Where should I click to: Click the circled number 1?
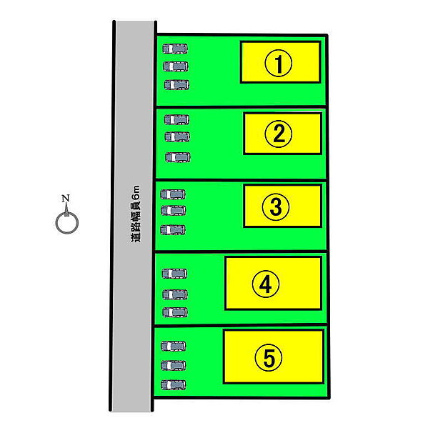[x=278, y=64]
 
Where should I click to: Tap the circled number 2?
[x=278, y=134]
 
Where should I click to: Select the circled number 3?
[x=276, y=206]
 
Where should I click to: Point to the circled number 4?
[x=266, y=284]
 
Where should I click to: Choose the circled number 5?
[x=269, y=358]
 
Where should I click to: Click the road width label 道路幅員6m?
[x=135, y=214]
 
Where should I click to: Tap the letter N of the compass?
[x=66, y=198]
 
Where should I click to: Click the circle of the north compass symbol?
[x=67, y=223]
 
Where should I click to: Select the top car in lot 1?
[x=175, y=49]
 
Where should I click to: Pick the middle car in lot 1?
[x=176, y=66]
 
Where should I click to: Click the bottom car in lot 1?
[x=176, y=85]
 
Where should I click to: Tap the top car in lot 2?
[x=176, y=119]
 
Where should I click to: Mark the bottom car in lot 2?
[x=178, y=157]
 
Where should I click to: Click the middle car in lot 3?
[x=173, y=211]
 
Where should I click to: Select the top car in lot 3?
[x=173, y=194]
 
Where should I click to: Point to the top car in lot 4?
[x=174, y=274]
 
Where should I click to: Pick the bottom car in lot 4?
[x=175, y=312]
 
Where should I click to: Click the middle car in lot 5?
[x=173, y=365]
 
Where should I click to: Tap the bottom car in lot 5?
[x=173, y=385]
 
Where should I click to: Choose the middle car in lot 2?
[x=177, y=137]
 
